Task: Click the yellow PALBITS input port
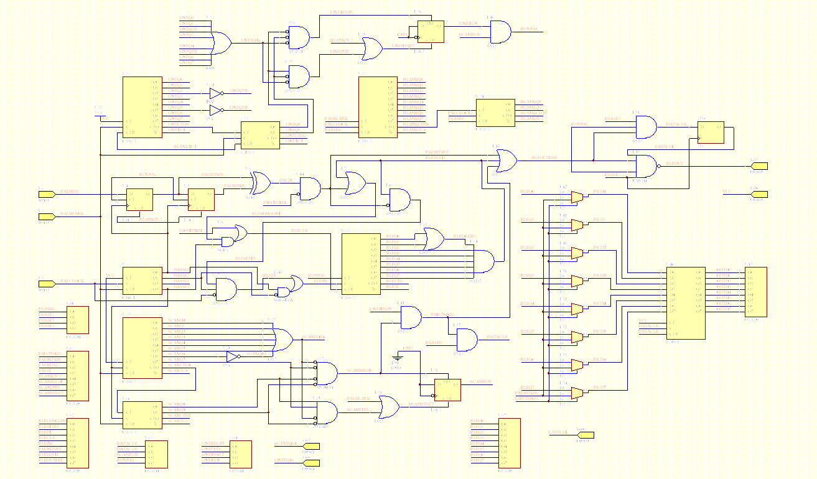[47, 194]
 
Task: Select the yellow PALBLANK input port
[47, 216]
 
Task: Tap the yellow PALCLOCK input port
[47, 284]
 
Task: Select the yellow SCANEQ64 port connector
[310, 446]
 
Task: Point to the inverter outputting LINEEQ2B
[216, 94]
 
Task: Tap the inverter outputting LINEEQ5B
[216, 111]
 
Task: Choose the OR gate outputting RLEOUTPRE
[505, 160]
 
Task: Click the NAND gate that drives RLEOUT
[647, 166]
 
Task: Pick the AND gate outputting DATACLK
[645, 127]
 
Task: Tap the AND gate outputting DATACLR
[467, 340]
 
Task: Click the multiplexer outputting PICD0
[577, 197]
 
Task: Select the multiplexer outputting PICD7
[577, 393]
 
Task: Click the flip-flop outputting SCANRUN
[447, 390]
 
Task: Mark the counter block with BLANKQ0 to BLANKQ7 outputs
[378, 107]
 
